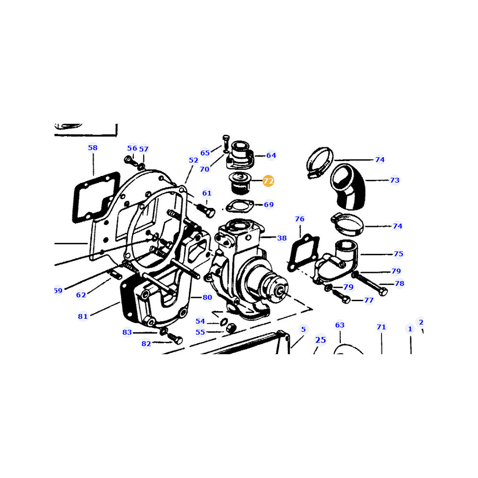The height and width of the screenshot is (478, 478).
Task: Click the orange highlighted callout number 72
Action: coord(268,181)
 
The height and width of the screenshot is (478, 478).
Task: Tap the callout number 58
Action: coord(93,148)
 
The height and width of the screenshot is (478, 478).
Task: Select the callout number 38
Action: coord(282,238)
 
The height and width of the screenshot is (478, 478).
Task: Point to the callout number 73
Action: coord(394,180)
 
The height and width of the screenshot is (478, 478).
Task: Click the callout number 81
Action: coord(83,316)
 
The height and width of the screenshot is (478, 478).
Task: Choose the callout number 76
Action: coord(299,219)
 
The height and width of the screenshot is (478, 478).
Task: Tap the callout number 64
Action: coord(271,155)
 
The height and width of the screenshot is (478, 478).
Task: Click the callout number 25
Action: coord(320,340)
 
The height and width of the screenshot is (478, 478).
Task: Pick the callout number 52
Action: coord(193,160)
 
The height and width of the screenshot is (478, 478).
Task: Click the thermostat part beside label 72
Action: coord(240,183)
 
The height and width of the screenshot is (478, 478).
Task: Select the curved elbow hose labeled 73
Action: coord(348,186)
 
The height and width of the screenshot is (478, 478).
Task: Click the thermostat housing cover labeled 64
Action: coord(240,155)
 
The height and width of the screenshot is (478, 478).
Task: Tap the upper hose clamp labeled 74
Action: coord(319,163)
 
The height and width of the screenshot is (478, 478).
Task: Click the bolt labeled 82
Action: coord(174,338)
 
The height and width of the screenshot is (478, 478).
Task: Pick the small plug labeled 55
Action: coord(231,328)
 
